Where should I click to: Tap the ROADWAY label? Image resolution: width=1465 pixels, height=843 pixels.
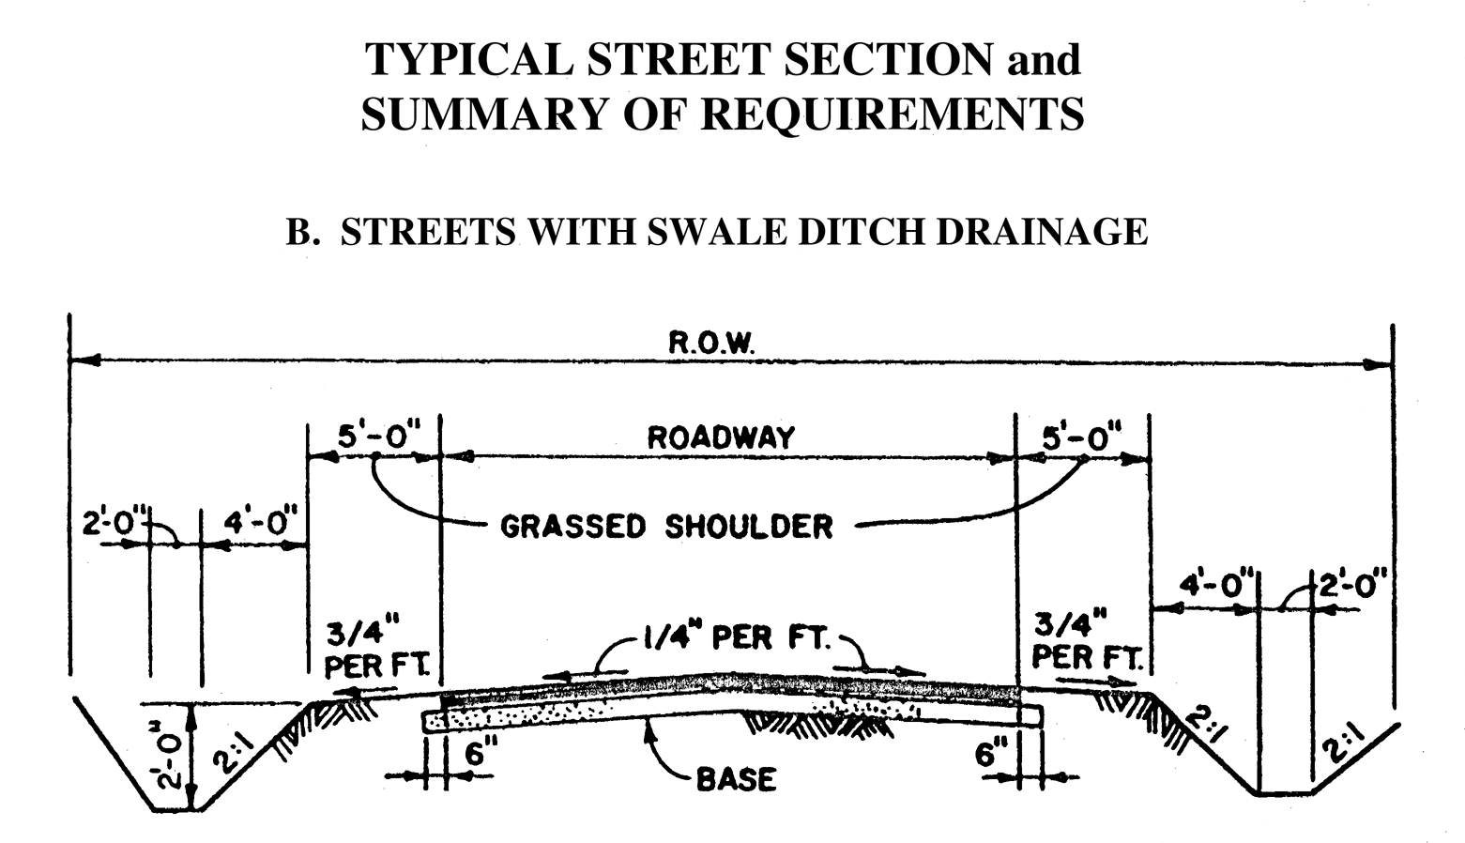click(721, 437)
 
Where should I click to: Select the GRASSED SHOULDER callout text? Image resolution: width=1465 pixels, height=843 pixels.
click(666, 527)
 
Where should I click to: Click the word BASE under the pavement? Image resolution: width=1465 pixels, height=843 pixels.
click(736, 779)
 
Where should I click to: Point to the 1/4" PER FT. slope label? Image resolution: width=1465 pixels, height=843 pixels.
click(736, 639)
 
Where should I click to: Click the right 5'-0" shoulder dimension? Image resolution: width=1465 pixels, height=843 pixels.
click(1082, 437)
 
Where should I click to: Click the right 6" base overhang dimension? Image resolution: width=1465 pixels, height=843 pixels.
click(990, 754)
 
